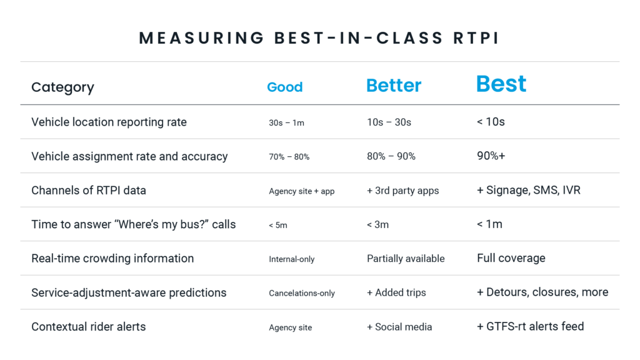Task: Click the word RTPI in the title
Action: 476,38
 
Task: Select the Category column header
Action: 63,87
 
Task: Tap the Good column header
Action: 285,87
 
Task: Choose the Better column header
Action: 394,85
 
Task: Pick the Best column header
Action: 502,84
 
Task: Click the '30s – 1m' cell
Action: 286,123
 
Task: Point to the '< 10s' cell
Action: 491,122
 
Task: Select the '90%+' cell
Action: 491,156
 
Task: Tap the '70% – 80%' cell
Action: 289,157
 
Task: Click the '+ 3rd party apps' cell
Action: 403,191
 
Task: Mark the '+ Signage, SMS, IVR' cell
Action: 529,190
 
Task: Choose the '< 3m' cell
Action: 377,225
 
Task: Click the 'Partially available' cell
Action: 406,258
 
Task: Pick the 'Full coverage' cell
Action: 511,258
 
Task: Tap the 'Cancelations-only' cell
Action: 302,293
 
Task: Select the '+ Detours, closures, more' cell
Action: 542,292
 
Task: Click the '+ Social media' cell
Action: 399,327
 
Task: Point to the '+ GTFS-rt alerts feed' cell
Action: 530,326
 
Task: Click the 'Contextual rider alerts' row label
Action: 89,326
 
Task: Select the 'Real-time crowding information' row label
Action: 112,258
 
